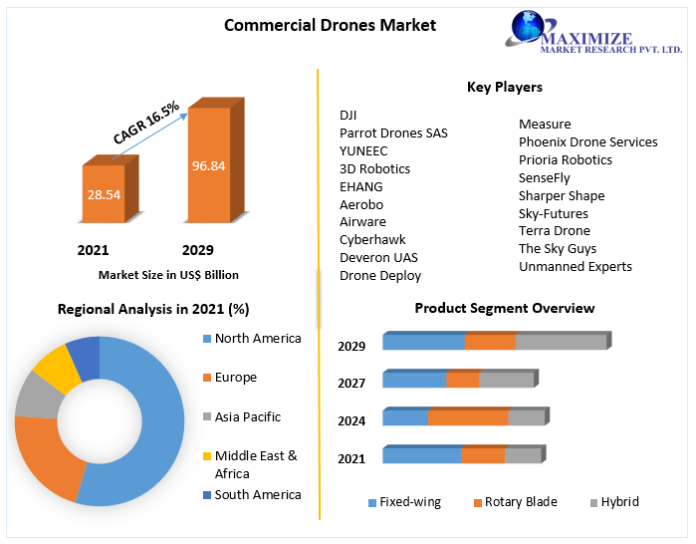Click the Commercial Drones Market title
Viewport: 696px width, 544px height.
click(330, 25)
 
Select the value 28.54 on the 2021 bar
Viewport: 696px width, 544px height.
click(104, 194)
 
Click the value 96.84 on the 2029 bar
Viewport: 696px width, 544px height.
click(209, 165)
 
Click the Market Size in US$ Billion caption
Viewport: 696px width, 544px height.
click(168, 274)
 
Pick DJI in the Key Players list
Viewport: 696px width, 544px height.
click(348, 115)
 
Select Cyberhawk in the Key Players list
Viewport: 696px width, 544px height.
click(372, 239)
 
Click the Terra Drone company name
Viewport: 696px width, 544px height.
click(555, 230)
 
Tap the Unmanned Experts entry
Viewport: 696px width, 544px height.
click(575, 266)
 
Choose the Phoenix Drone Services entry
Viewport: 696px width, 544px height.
click(587, 141)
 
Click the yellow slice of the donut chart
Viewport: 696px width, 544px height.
click(56, 369)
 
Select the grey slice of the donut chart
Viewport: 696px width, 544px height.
click(37, 396)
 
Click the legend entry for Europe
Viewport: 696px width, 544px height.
click(235, 378)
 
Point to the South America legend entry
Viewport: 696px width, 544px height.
click(257, 494)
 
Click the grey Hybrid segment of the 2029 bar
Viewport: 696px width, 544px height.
click(561, 342)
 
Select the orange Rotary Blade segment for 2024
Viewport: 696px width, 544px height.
click(468, 417)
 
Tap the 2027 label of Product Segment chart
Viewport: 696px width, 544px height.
click(351, 383)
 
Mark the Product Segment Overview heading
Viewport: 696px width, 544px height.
click(505, 308)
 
